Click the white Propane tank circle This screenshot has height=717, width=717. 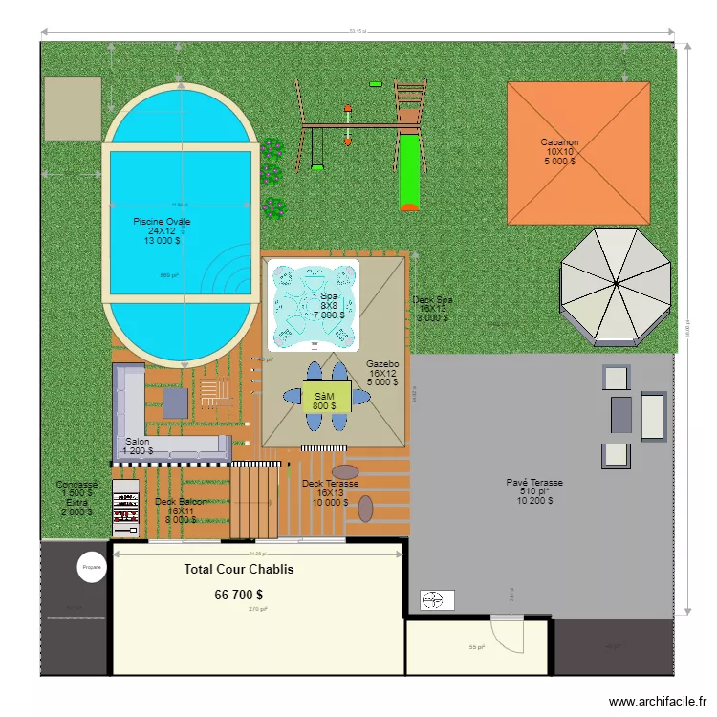92,567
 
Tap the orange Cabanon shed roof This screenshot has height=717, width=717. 578,152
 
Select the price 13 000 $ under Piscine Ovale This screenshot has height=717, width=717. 162,241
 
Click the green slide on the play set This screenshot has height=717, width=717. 409,172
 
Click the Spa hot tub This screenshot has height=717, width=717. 313,303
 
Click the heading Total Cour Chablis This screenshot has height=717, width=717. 239,570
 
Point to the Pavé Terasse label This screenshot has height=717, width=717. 534,483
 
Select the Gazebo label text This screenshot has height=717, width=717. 381,364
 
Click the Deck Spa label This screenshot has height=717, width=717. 432,300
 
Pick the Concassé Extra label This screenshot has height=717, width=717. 76,493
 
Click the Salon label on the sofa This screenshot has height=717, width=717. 137,442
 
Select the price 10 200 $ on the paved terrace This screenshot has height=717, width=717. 534,501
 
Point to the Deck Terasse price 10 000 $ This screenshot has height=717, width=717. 330,502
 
